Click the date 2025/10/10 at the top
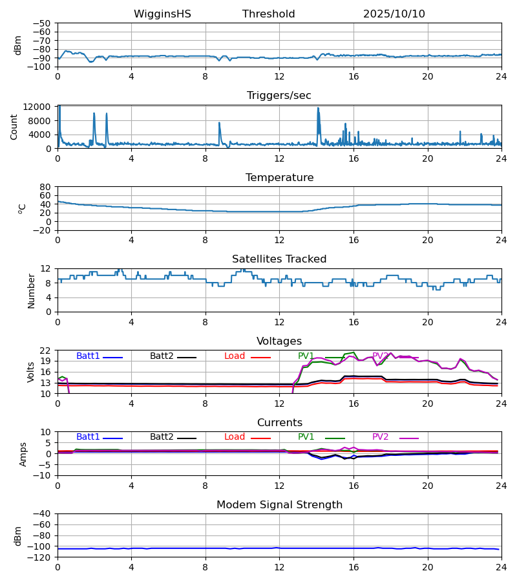coord(394,14)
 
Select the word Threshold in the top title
coord(268,14)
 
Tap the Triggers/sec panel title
coord(279,96)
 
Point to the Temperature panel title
coord(279,178)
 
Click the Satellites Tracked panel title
coord(279,259)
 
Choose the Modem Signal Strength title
coord(279,505)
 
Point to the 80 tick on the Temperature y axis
coord(45,187)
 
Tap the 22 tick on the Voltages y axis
coord(45,350)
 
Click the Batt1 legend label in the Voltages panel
coord(88,356)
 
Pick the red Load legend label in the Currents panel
coord(235,437)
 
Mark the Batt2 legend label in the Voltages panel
coord(162,356)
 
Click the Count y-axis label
coord(14,127)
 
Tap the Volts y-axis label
coord(31,372)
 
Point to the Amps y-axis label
coord(23,454)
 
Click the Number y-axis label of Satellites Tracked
coord(31,290)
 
